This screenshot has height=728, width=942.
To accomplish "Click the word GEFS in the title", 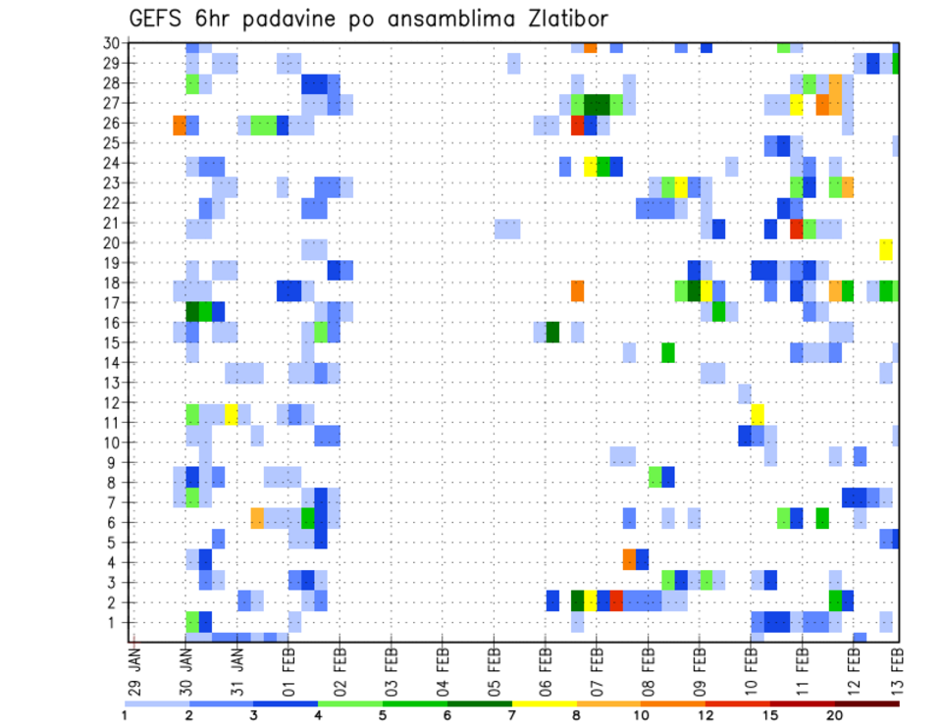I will (x=160, y=20).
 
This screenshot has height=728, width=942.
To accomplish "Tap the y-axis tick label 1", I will (x=116, y=622).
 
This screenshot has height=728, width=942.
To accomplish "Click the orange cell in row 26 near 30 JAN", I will (x=180, y=125).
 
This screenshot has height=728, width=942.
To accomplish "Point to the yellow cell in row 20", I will (x=886, y=249).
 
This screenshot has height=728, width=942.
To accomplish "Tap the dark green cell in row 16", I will (x=552, y=332).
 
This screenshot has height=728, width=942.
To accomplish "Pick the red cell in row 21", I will (x=797, y=229).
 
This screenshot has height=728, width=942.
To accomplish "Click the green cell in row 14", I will (x=668, y=352).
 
